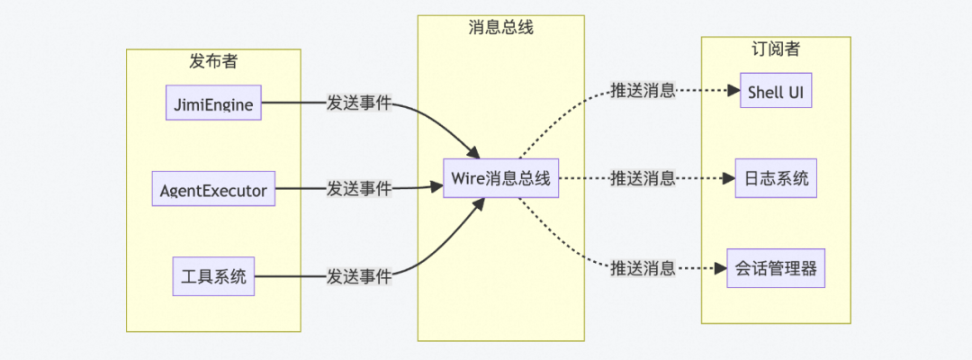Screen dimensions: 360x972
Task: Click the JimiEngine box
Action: point(213,103)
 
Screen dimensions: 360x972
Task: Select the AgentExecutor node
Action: point(213,189)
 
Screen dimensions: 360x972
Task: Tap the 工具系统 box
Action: point(213,275)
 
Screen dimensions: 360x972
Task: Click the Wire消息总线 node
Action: point(500,178)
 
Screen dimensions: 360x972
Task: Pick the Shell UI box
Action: point(776,91)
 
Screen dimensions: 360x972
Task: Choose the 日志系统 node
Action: point(776,178)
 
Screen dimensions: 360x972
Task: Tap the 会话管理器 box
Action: point(776,267)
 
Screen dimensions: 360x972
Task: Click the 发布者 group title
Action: point(213,61)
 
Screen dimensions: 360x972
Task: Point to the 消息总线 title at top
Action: point(500,27)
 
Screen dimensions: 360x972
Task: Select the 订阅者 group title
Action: point(776,49)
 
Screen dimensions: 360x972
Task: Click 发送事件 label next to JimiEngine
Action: point(359,103)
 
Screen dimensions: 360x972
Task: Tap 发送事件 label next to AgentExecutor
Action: point(359,189)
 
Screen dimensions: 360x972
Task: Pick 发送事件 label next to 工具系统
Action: point(359,275)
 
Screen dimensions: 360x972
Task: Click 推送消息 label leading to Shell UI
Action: point(643,91)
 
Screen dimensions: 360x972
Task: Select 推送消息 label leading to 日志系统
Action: point(643,178)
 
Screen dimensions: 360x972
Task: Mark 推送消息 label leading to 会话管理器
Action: point(643,267)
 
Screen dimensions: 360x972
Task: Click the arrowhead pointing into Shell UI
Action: point(733,91)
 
